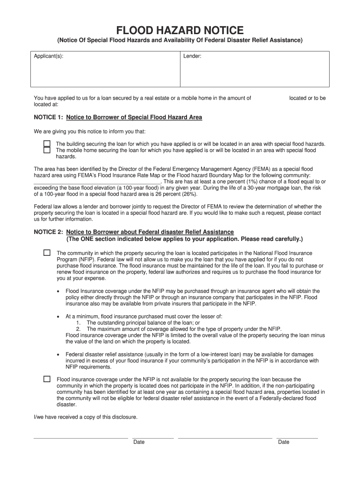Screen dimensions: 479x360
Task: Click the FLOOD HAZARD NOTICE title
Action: tap(180, 31)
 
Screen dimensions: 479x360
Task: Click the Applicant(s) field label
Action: tap(49, 56)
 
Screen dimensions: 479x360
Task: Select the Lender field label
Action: tap(192, 56)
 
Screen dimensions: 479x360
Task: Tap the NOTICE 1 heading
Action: tap(118, 117)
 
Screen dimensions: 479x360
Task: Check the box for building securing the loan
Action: tap(47, 144)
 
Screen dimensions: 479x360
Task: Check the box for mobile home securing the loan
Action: tap(47, 150)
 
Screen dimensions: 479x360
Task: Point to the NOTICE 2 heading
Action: tap(134, 232)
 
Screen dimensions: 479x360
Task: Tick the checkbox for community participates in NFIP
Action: tap(47, 253)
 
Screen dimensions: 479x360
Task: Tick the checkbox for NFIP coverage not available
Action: tap(47, 379)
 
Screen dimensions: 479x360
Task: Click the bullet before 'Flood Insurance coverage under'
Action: tap(58, 291)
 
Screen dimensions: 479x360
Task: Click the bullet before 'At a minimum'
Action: tap(58, 316)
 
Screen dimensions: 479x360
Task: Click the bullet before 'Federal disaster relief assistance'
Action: tap(58, 355)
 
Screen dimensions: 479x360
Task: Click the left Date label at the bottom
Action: tap(139, 442)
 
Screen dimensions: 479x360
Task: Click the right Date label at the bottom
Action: tap(284, 442)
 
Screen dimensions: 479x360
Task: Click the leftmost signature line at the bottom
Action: tap(80, 438)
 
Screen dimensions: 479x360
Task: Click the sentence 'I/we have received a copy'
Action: tap(86, 417)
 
